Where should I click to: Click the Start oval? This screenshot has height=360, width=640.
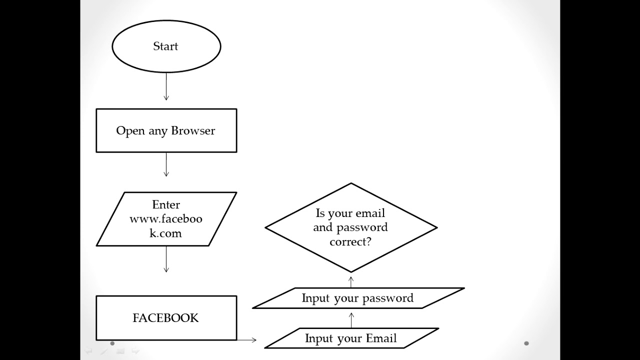coord(166,46)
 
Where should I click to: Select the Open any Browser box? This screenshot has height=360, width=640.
coord(166,130)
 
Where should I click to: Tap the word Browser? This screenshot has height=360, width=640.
coord(193,130)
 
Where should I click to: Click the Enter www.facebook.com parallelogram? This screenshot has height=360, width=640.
coord(166,219)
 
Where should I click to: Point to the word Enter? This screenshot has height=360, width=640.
coord(166,204)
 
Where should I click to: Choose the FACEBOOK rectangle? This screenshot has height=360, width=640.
coord(166,318)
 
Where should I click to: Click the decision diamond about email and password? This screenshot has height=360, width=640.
coord(351,227)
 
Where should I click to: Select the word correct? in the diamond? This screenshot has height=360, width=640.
coord(350,241)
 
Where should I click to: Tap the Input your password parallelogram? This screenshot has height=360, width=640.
coord(358,298)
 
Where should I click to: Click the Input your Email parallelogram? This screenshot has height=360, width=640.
coord(351,338)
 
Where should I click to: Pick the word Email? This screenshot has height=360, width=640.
coord(381,338)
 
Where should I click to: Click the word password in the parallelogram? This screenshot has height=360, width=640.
coord(388,298)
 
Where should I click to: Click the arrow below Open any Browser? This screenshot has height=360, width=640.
coord(166,164)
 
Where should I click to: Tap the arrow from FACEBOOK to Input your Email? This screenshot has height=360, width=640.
coord(247,340)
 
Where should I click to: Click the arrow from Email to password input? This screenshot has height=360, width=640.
coord(351,320)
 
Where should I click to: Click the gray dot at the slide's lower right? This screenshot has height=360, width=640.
coord(526,343)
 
